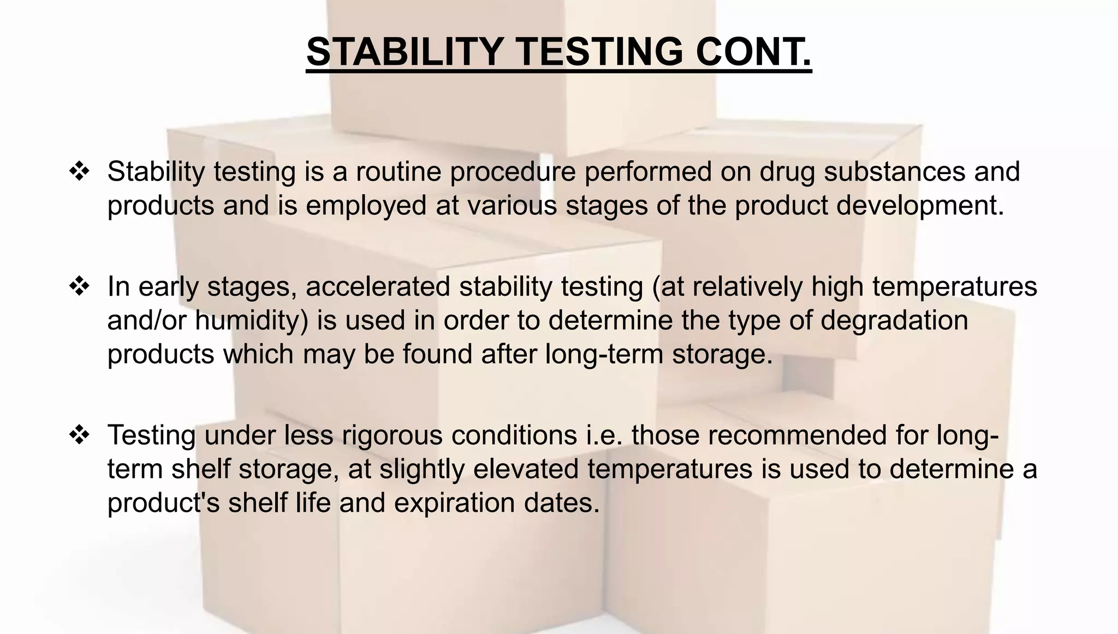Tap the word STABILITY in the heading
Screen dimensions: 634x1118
pyautogui.click(x=405, y=52)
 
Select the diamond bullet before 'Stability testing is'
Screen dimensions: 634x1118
pyautogui.click(x=80, y=171)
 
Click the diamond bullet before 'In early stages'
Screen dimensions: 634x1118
pyautogui.click(x=80, y=286)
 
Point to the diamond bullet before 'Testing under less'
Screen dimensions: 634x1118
pyautogui.click(x=80, y=435)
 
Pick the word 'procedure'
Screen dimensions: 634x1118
pyautogui.click(x=513, y=172)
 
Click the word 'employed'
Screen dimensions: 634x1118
pyautogui.click(x=366, y=206)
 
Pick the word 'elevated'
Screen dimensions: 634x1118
pyautogui.click(x=526, y=469)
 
